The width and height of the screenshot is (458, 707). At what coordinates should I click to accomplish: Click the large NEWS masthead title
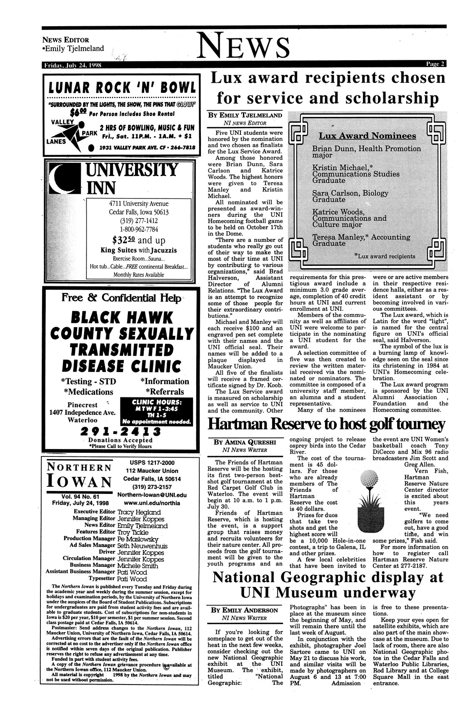click(245, 46)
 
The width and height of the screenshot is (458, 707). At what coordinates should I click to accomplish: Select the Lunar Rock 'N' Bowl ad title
click(122, 88)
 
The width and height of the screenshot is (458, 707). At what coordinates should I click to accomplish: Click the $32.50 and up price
click(139, 240)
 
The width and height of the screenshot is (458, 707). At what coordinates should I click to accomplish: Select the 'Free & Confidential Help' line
click(121, 298)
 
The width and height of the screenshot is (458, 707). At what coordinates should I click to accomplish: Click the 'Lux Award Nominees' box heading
click(367, 136)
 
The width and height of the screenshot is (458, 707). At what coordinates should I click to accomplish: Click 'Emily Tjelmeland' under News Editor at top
click(73, 49)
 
